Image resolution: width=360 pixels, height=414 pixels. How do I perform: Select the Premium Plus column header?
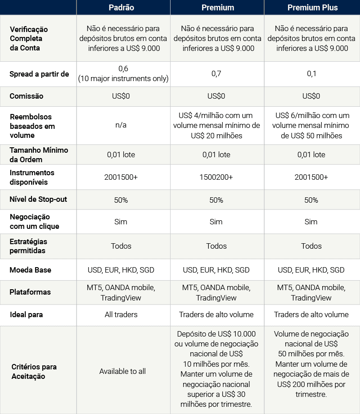tap(312, 8)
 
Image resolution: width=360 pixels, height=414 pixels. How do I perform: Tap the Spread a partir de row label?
tap(39, 74)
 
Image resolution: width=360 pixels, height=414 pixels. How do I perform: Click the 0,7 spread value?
tap(217, 74)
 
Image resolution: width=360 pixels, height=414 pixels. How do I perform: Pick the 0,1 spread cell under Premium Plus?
tap(312, 74)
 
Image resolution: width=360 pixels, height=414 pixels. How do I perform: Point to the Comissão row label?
tap(27, 96)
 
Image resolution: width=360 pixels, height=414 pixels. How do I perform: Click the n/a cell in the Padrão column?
tap(121, 125)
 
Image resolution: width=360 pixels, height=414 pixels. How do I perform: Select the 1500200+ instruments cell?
tap(217, 177)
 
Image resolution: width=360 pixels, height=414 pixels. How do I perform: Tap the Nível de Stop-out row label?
tap(38, 199)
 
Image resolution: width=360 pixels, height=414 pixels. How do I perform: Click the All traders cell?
tap(121, 314)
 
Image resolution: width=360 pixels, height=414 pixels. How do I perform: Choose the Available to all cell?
tap(122, 371)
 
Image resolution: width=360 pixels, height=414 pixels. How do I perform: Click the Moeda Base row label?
tap(30, 270)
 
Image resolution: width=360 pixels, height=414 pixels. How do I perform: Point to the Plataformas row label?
tap(30, 292)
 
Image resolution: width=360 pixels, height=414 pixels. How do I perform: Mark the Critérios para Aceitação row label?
tap(34, 371)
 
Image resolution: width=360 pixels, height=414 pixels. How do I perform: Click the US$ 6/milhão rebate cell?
tap(312, 125)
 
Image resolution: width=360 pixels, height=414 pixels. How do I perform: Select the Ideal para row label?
tap(26, 314)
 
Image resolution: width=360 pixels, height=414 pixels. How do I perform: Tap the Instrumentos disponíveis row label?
tap(32, 177)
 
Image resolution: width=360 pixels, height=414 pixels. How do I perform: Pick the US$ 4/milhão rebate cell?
tap(217, 125)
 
